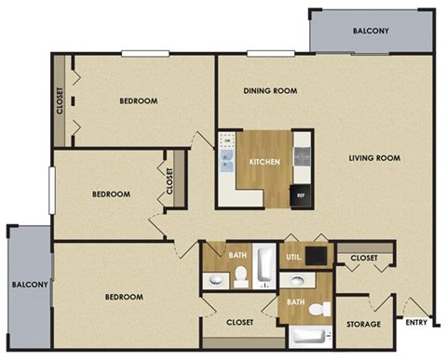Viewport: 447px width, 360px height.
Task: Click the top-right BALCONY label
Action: [371, 31]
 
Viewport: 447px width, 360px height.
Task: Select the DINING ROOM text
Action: [270, 91]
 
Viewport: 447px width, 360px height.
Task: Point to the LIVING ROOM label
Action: [374, 158]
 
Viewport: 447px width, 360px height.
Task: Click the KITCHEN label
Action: [264, 162]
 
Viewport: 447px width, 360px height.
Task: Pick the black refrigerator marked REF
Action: [300, 196]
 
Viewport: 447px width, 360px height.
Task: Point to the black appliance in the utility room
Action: [318, 255]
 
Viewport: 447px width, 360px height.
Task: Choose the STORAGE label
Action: [363, 325]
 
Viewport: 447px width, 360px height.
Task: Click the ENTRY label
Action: [416, 325]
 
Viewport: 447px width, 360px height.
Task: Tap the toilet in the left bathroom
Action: [239, 274]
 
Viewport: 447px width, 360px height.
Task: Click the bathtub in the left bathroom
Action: [264, 265]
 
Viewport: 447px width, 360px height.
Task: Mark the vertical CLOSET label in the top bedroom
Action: [61, 100]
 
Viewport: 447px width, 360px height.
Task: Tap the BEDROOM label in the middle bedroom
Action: [110, 194]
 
